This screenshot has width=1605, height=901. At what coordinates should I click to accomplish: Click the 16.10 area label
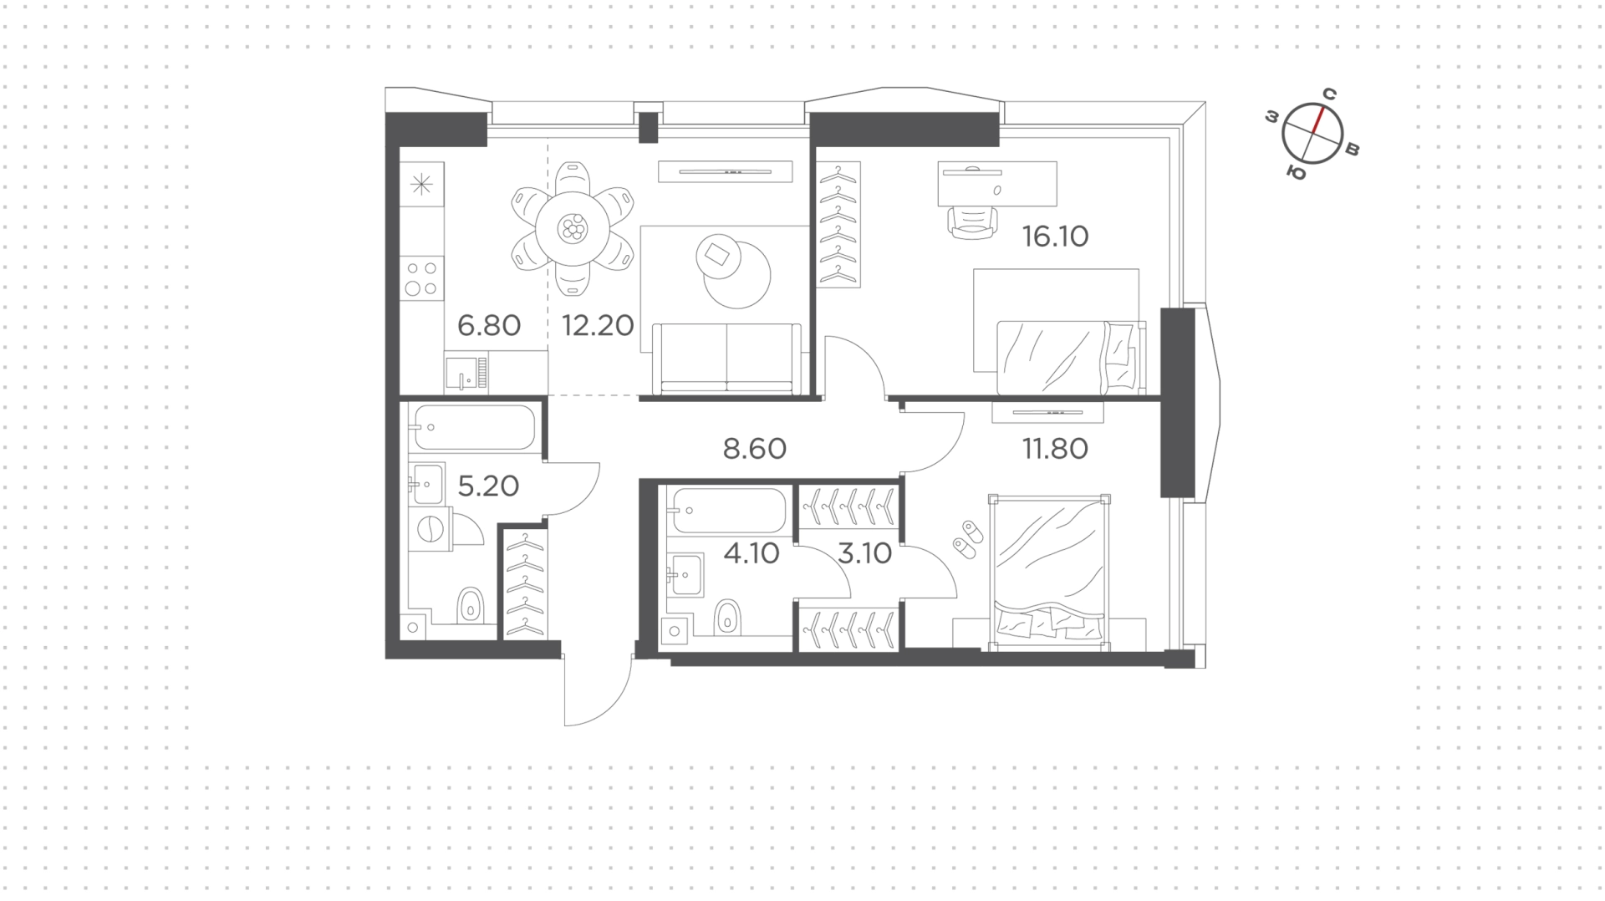click(1055, 237)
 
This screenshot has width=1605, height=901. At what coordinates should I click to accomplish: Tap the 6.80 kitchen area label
click(489, 325)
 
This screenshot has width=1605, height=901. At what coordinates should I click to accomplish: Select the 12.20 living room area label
click(598, 325)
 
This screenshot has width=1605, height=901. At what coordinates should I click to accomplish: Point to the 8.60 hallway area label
click(755, 449)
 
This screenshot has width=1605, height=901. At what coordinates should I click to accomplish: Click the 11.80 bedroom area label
click(1055, 449)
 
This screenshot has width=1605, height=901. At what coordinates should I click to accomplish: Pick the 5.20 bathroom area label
click(488, 486)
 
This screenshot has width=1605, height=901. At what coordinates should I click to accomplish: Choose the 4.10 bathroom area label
click(752, 553)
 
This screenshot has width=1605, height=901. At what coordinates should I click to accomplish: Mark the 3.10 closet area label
click(865, 553)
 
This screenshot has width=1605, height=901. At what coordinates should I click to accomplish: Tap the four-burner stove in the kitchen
click(421, 278)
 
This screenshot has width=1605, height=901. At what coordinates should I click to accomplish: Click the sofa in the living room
click(726, 359)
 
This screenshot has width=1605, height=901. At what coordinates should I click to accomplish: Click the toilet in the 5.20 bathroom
click(471, 605)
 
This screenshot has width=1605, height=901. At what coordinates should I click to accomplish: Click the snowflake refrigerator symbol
click(421, 184)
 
